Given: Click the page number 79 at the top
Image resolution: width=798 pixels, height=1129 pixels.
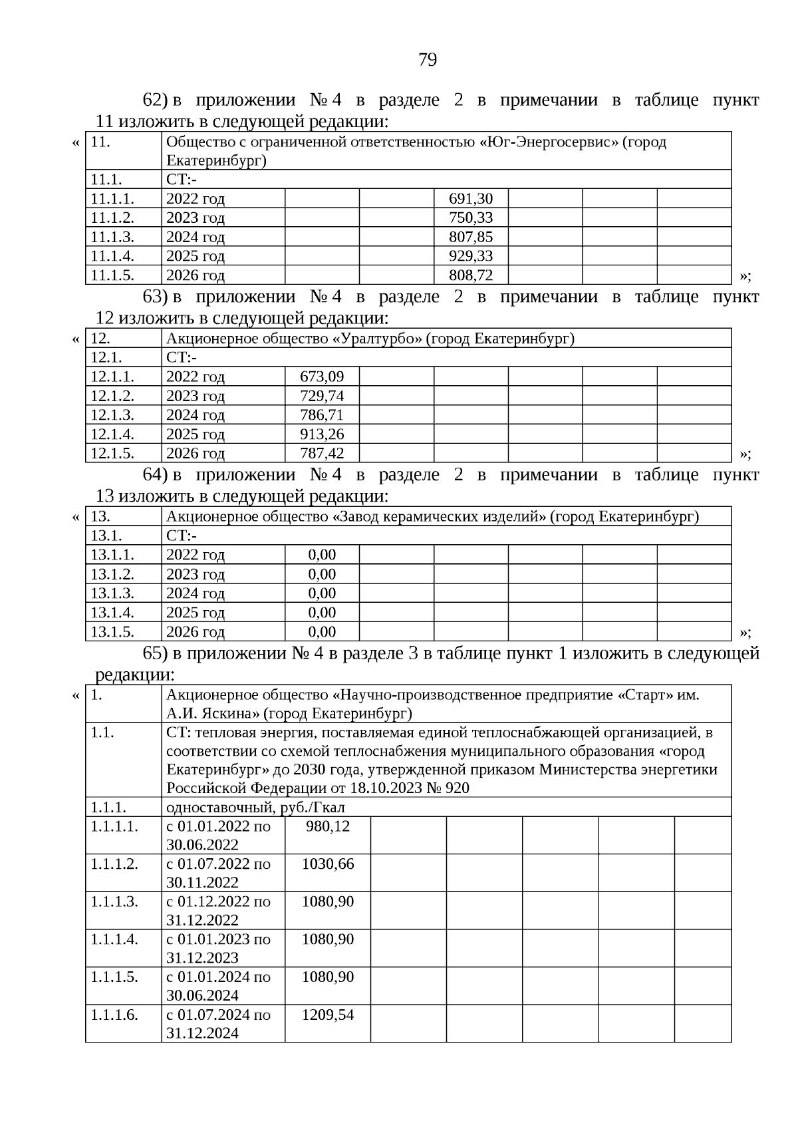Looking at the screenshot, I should [x=428, y=60].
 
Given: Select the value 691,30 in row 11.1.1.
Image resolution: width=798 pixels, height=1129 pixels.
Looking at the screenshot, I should [x=471, y=199].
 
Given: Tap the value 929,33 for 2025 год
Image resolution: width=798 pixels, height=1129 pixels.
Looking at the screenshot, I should [x=471, y=256].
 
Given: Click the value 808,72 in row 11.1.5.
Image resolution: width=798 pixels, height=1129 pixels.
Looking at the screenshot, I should [x=471, y=275].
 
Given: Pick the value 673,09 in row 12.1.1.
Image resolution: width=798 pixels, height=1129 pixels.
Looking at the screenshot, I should [x=322, y=377].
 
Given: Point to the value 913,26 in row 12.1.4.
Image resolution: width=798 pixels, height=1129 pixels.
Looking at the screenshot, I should [x=322, y=434].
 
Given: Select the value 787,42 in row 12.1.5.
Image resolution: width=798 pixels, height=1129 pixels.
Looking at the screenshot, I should [x=322, y=454].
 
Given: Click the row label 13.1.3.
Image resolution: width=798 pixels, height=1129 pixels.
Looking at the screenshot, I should [x=112, y=593].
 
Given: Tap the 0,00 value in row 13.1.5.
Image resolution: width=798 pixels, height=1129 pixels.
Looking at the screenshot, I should [x=322, y=632].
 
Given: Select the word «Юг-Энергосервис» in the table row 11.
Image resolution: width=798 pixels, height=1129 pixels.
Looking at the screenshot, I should [x=549, y=142].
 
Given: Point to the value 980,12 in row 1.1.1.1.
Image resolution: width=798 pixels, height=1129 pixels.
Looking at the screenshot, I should [x=327, y=826].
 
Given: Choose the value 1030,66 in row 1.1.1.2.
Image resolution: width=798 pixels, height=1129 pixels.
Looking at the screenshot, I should [x=327, y=864].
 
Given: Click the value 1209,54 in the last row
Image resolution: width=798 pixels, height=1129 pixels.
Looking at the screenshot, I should [x=327, y=1015].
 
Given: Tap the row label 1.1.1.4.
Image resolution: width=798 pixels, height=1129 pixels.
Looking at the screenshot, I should [x=114, y=939].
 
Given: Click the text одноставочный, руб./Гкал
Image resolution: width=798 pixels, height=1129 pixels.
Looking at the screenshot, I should [x=255, y=808].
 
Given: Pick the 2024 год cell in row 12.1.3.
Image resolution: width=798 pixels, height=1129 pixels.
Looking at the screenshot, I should [x=196, y=415].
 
